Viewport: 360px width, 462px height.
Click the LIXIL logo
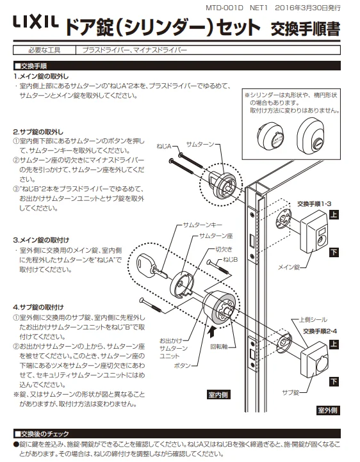pyautogui.click(x=36, y=22)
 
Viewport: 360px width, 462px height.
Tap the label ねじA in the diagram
pyautogui.click(x=163, y=146)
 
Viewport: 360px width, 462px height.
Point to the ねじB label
pyautogui.click(x=230, y=260)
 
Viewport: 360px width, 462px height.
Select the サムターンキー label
pyautogui.click(x=202, y=225)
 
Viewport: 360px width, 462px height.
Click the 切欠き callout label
pyautogui.click(x=224, y=250)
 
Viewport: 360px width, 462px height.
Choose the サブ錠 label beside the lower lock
pyautogui.click(x=290, y=392)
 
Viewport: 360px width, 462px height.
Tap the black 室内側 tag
pyautogui.click(x=218, y=395)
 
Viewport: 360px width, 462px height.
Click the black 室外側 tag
pyautogui.click(x=328, y=410)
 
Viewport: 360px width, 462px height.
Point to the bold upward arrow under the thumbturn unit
pyautogui.click(x=211, y=332)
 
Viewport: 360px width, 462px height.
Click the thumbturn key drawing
pyautogui.click(x=152, y=266)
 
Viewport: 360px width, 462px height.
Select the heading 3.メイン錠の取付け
pyautogui.click(x=41, y=240)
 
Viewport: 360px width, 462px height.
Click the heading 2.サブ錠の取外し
pyautogui.click(x=38, y=132)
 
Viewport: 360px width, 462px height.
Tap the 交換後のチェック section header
pyautogui.click(x=42, y=434)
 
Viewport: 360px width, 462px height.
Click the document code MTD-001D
pyautogui.click(x=224, y=8)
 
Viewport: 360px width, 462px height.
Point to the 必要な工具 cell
pyautogui.click(x=44, y=50)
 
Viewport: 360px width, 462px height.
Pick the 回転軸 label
pyautogui.click(x=219, y=346)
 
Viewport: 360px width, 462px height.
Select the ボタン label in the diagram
pyautogui.click(x=182, y=365)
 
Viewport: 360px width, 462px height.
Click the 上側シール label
pyautogui.click(x=313, y=320)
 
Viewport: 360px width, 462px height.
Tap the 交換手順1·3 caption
pyautogui.click(x=314, y=203)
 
